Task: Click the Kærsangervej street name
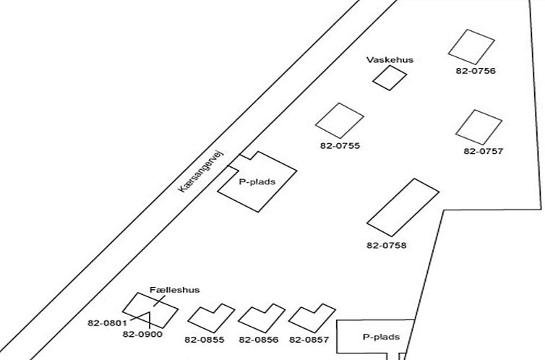[201, 171]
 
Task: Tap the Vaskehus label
[390, 60]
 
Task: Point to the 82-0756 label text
[476, 71]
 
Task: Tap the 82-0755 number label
[340, 145]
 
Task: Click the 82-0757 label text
[484, 151]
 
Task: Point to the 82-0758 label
[387, 245]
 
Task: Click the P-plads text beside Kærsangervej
[257, 181]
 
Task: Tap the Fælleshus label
[175, 290]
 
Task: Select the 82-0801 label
[108, 323]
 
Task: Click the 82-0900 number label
[142, 334]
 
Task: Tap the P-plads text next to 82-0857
[382, 337]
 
